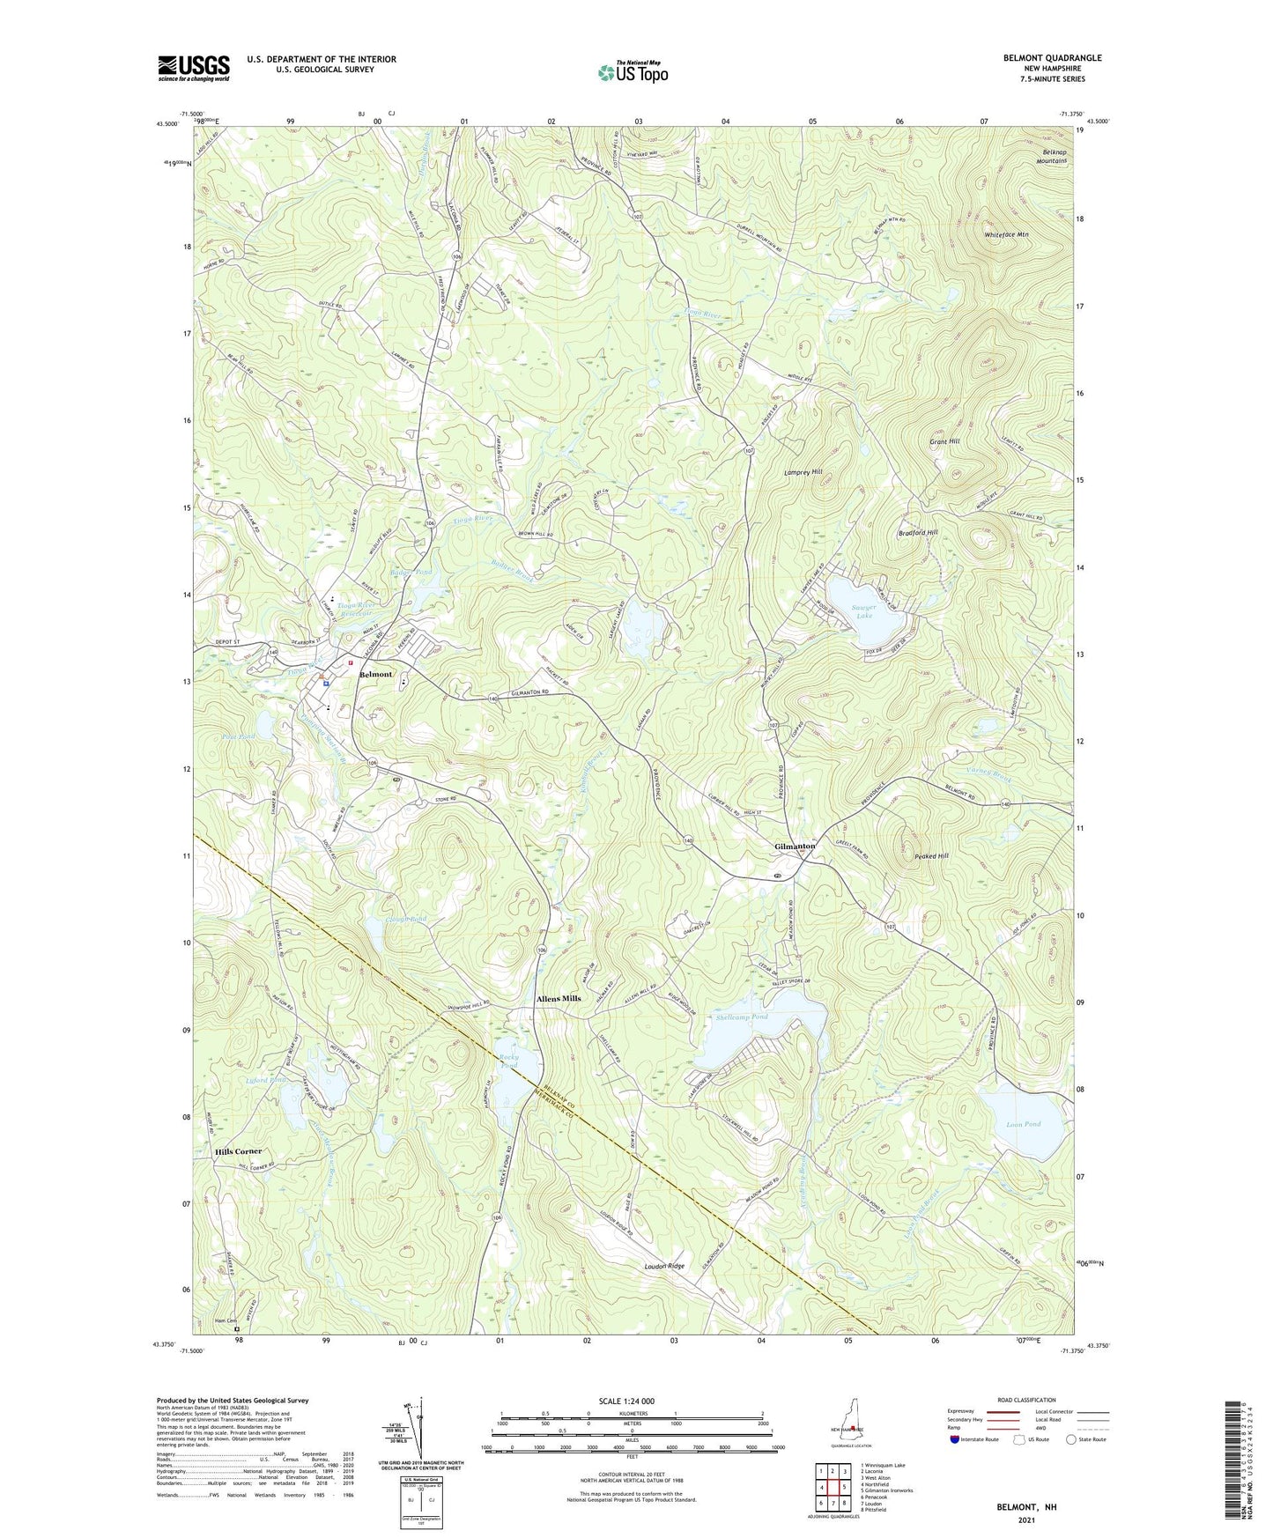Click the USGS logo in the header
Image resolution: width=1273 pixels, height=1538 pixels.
193,68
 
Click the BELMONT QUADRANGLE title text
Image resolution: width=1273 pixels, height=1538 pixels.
1052,58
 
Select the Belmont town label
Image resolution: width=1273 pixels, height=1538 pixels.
374,674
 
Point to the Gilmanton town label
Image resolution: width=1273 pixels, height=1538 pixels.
795,846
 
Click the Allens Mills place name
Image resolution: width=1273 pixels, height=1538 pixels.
559,998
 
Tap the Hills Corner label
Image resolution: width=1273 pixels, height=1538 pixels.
238,1152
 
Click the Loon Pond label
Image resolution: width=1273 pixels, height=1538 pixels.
1023,1124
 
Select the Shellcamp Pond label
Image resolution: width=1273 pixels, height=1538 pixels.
742,1017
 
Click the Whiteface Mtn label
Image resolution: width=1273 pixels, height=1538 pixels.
1006,235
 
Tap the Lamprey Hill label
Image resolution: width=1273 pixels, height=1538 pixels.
803,472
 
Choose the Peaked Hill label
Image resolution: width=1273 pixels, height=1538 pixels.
930,856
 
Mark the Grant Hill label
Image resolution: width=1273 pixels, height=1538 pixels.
944,440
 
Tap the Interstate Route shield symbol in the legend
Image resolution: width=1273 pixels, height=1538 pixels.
956,1439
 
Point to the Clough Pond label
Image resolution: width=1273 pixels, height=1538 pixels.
405,919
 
